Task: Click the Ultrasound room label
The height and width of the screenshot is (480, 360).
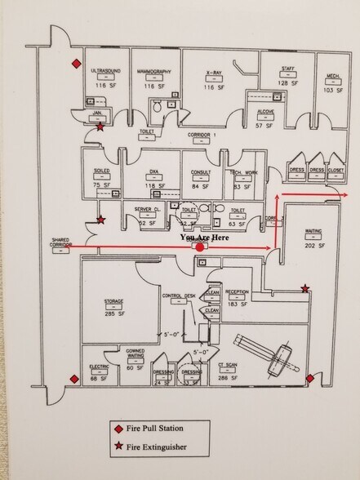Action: tap(104, 72)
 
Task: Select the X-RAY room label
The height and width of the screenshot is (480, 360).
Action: tap(214, 72)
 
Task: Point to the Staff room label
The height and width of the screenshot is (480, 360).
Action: tap(287, 69)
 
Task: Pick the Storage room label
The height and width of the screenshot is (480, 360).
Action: tap(113, 301)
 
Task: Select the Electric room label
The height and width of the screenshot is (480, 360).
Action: tap(98, 367)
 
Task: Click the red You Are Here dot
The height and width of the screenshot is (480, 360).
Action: tap(200, 247)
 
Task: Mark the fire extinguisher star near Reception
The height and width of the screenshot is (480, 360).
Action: tap(305, 288)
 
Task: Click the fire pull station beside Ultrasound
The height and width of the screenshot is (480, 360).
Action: tap(76, 63)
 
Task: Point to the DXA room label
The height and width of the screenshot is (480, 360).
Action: tap(153, 172)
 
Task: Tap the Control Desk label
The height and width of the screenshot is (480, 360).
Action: tap(178, 296)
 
